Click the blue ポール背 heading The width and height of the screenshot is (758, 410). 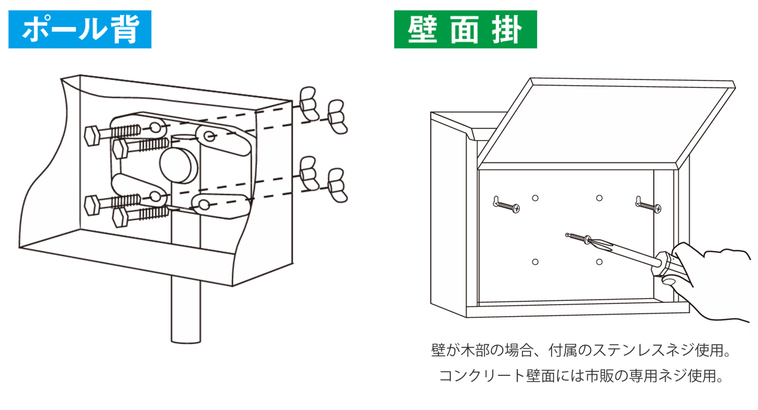point(80,30)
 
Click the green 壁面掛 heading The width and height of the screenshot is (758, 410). point(465,30)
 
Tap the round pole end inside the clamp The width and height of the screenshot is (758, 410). point(179,163)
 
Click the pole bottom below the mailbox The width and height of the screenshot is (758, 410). point(185,322)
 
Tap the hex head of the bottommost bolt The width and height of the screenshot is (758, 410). point(120,217)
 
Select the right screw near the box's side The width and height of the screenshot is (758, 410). point(648,204)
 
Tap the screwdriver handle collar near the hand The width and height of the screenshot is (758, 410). point(663,262)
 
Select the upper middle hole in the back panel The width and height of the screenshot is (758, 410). point(599,198)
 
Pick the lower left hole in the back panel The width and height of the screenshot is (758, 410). point(535,261)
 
